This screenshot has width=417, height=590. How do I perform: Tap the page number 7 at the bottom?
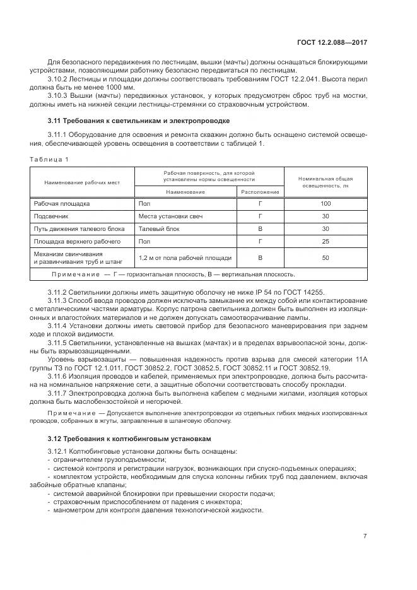(365, 536)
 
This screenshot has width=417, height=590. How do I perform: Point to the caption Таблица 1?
(49, 159)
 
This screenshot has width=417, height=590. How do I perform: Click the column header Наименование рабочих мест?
(81, 182)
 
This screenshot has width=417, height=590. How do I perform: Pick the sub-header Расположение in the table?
(259, 191)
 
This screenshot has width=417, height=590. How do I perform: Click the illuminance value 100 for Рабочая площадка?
(325, 204)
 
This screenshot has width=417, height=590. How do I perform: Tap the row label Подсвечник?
(50, 216)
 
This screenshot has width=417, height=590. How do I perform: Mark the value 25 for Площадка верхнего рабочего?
(325, 242)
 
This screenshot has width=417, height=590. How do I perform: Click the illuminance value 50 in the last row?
(325, 258)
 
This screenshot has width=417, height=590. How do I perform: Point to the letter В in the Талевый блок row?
(259, 229)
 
